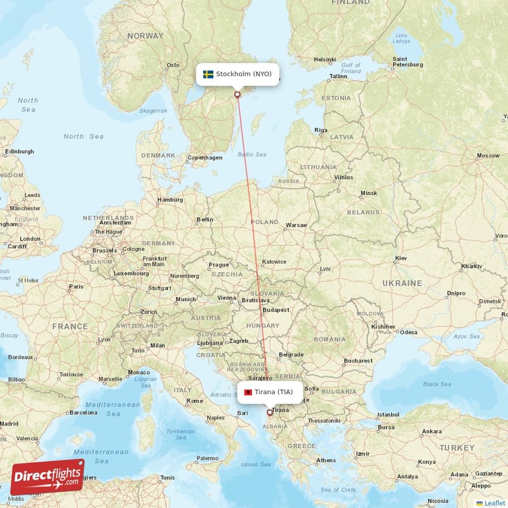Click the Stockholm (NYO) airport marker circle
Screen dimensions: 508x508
(238, 95)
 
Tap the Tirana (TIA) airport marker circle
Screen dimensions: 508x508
(269, 412)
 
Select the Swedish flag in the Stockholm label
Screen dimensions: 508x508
(208, 74)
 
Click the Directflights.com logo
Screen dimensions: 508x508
(47, 477)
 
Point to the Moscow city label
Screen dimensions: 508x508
(488, 156)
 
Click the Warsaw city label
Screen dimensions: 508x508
(297, 225)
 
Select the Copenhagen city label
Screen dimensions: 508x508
(205, 157)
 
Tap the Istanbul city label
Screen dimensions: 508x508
(387, 415)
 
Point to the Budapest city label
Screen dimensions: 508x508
(276, 310)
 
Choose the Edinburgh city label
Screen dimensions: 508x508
(18, 152)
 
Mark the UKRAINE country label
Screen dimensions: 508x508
(402, 283)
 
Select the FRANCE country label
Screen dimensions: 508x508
(70, 326)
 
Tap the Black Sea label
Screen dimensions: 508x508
(437, 384)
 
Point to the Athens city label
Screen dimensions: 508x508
(326, 460)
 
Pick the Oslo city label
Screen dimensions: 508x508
(172, 65)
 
